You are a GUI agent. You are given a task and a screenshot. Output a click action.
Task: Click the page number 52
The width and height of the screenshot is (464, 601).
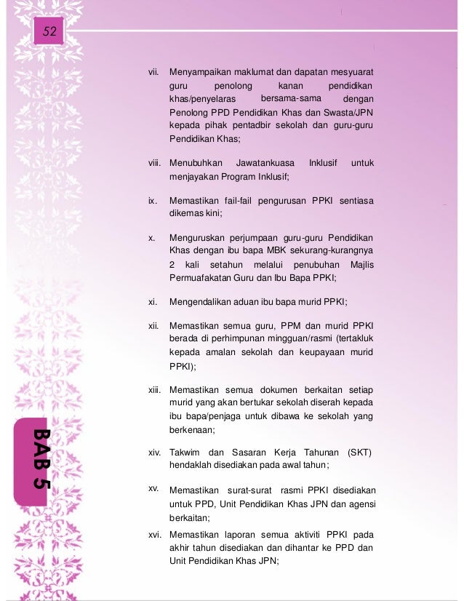tap(50, 31)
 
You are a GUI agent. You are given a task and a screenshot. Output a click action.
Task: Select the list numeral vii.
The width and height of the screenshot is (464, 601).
tap(153, 73)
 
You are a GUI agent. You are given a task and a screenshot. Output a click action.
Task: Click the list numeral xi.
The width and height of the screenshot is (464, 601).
tap(153, 302)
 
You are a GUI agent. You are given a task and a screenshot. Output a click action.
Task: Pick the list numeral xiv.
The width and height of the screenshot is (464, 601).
tap(154, 453)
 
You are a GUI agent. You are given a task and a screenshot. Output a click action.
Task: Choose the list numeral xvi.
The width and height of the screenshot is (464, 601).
tap(154, 535)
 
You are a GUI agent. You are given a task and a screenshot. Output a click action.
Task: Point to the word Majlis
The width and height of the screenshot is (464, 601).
tap(361, 264)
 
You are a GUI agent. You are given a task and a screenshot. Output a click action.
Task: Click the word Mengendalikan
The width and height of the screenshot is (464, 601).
tap(201, 302)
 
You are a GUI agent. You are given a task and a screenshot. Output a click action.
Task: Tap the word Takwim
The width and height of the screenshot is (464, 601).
tap(184, 453)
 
